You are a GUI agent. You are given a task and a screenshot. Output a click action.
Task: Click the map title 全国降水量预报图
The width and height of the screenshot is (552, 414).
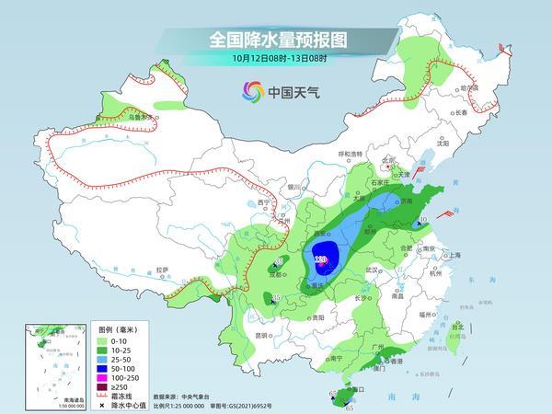276,40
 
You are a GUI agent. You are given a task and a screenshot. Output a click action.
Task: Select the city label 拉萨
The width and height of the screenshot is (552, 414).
162,270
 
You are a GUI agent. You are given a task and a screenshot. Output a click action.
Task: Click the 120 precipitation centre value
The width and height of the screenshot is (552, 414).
321,260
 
